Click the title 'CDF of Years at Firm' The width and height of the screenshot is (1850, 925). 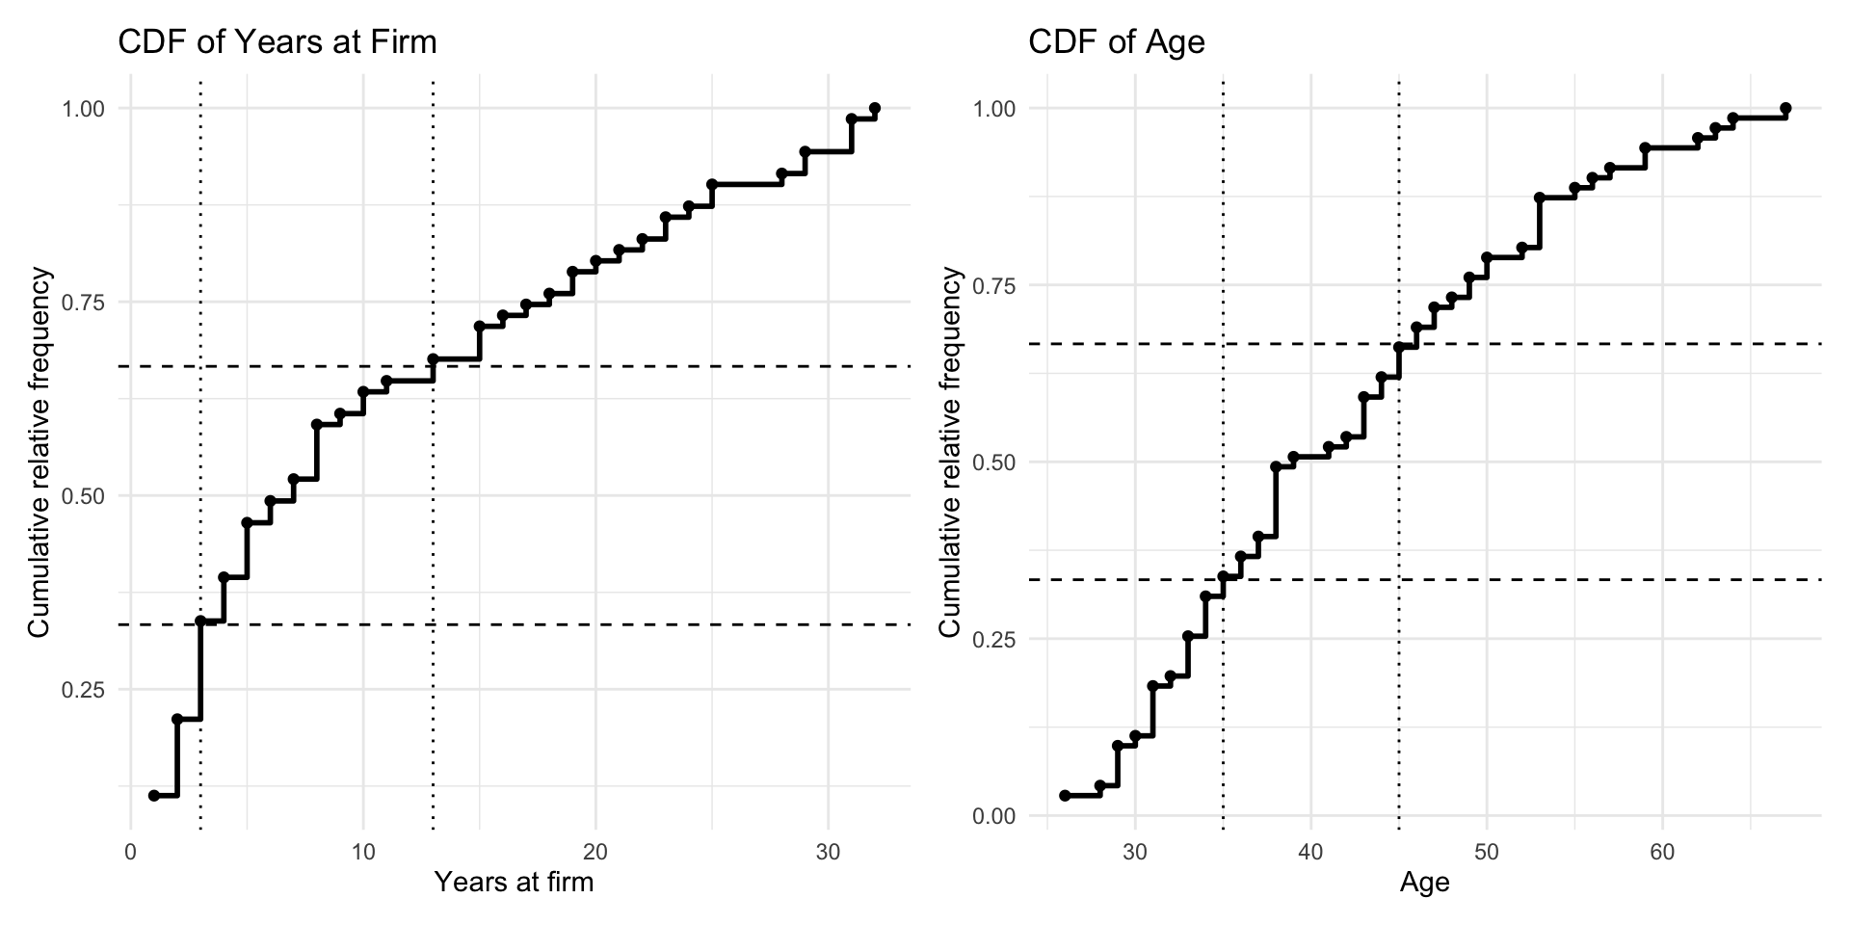point(277,42)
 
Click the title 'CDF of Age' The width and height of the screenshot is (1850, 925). point(1117,42)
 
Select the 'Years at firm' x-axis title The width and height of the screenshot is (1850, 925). point(514,882)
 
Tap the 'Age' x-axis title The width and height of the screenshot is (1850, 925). point(1425,883)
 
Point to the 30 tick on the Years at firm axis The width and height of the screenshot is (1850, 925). point(828,853)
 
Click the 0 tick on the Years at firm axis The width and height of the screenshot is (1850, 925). point(131,853)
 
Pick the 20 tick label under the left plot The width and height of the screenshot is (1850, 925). point(595,853)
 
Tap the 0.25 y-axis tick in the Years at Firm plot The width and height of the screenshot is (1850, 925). point(83,690)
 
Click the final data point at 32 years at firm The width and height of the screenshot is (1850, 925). point(874,109)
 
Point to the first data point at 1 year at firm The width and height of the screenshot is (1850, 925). point(154,795)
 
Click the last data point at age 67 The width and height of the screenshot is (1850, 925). point(1785,109)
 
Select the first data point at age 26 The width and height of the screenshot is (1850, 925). point(1065,795)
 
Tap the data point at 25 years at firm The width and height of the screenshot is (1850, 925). point(712,184)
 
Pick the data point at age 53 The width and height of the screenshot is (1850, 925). point(1540,198)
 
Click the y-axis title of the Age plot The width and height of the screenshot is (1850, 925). point(951,453)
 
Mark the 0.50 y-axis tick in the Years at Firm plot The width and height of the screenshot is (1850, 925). point(83,496)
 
